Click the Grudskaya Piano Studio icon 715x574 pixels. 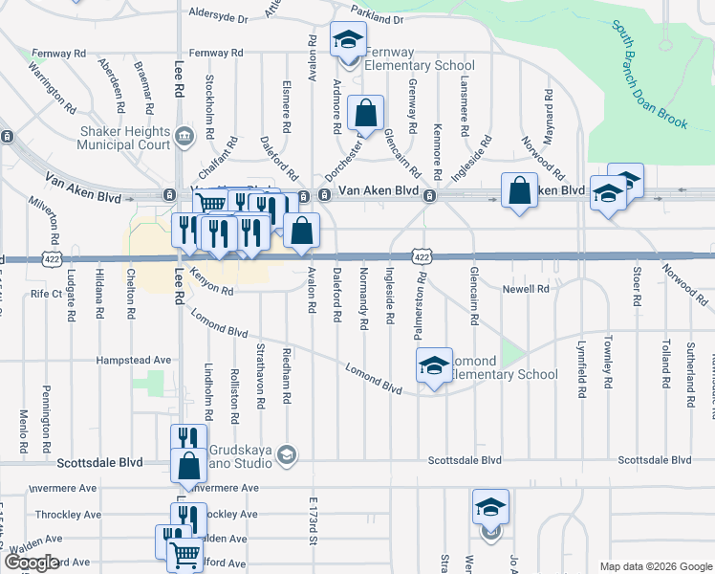click(x=286, y=454)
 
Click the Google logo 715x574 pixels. click(x=31, y=562)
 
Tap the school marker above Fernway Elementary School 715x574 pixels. click(x=347, y=41)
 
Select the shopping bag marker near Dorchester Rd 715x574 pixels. click(x=365, y=114)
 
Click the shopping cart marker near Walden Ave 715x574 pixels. click(x=184, y=554)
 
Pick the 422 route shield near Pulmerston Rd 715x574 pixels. click(x=422, y=256)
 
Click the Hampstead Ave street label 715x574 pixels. click(x=133, y=361)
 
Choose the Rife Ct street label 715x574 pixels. click(x=46, y=293)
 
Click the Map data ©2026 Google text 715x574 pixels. click(x=655, y=565)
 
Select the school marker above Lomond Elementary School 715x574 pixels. click(x=433, y=364)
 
